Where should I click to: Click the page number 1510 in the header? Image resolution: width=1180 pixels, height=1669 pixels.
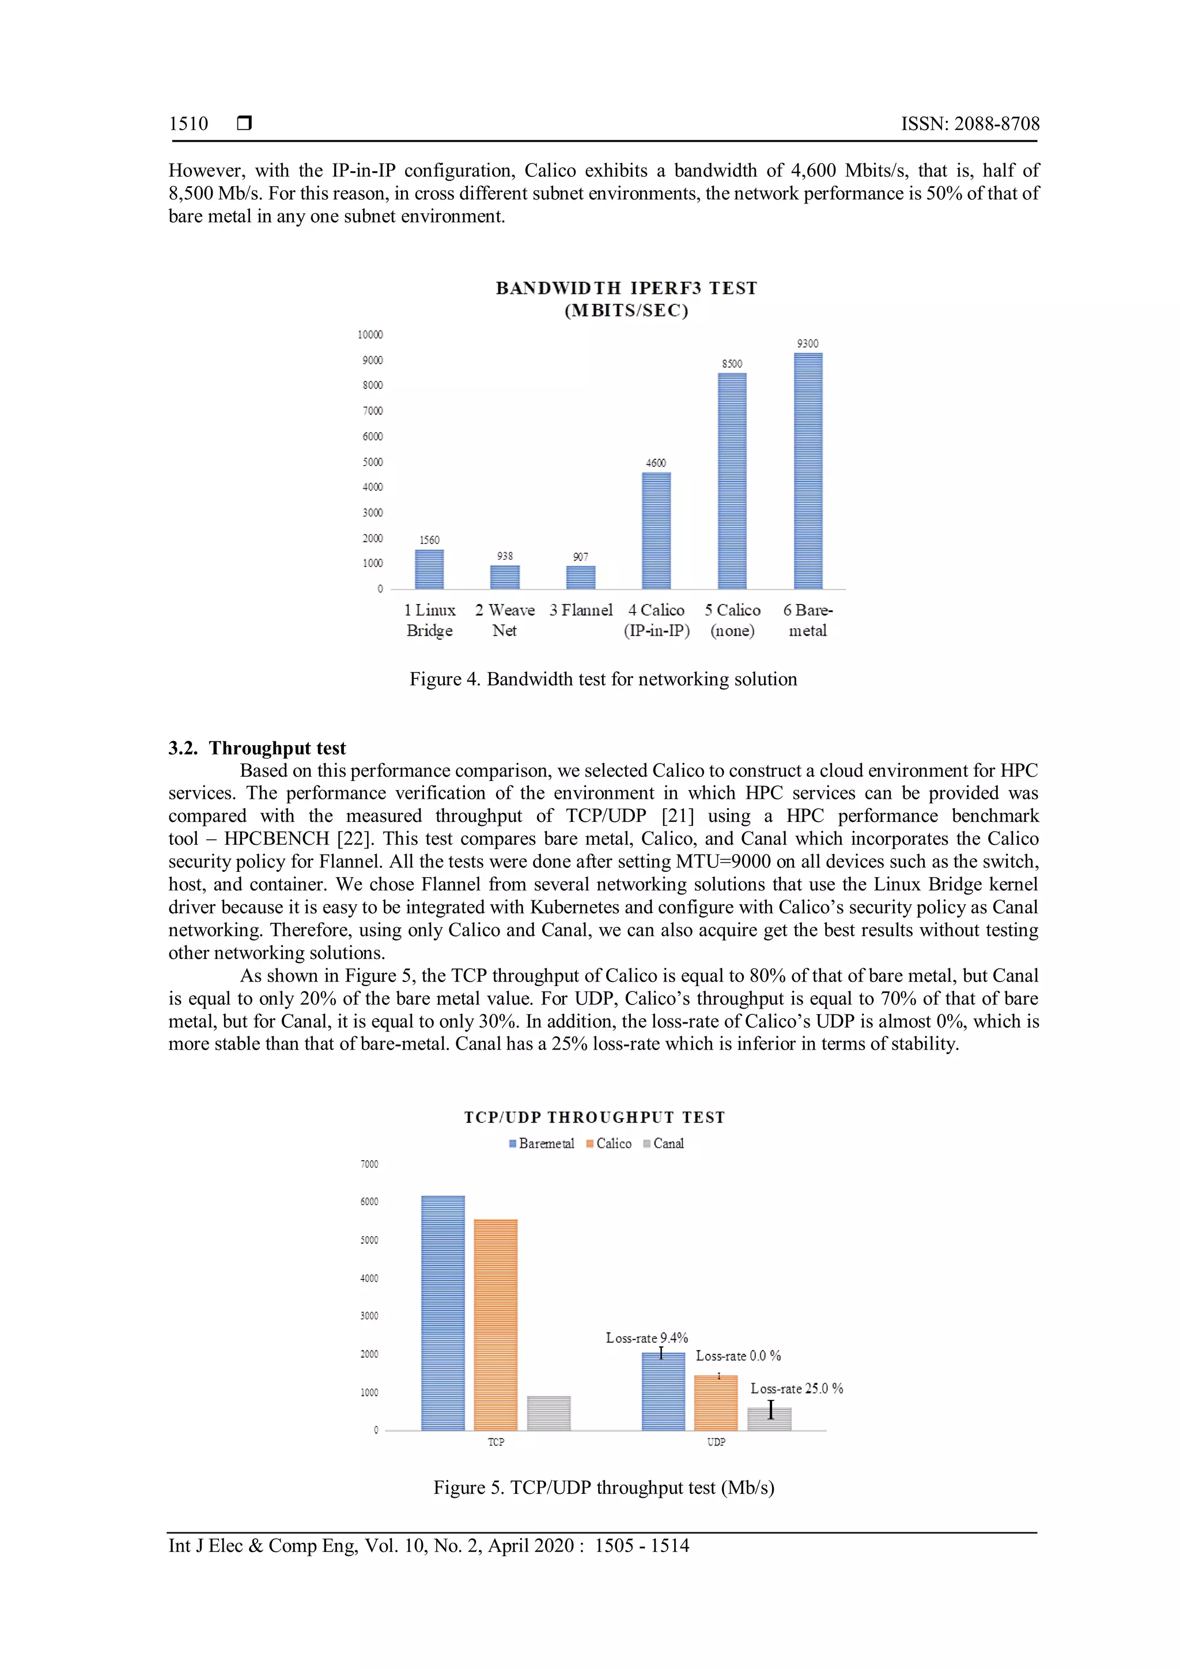click(x=188, y=123)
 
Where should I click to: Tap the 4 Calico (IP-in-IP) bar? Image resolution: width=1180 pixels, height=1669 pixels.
click(x=656, y=531)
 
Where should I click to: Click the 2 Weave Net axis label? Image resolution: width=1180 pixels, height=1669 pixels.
click(x=504, y=620)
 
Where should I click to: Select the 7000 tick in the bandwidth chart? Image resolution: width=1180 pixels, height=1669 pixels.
click(x=372, y=411)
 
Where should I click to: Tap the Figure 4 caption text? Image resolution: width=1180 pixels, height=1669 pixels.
click(x=603, y=679)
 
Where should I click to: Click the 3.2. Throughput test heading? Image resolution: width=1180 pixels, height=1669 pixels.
click(x=257, y=748)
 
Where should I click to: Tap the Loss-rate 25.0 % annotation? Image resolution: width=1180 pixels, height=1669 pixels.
click(x=796, y=1388)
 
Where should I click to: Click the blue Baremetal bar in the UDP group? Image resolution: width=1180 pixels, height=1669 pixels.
click(x=663, y=1391)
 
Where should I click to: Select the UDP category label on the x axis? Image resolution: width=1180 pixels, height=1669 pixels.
click(x=716, y=1441)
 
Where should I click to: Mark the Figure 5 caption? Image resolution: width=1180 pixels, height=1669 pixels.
click(x=603, y=1487)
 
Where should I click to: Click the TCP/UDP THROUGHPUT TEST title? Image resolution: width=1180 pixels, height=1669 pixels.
click(x=595, y=1117)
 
